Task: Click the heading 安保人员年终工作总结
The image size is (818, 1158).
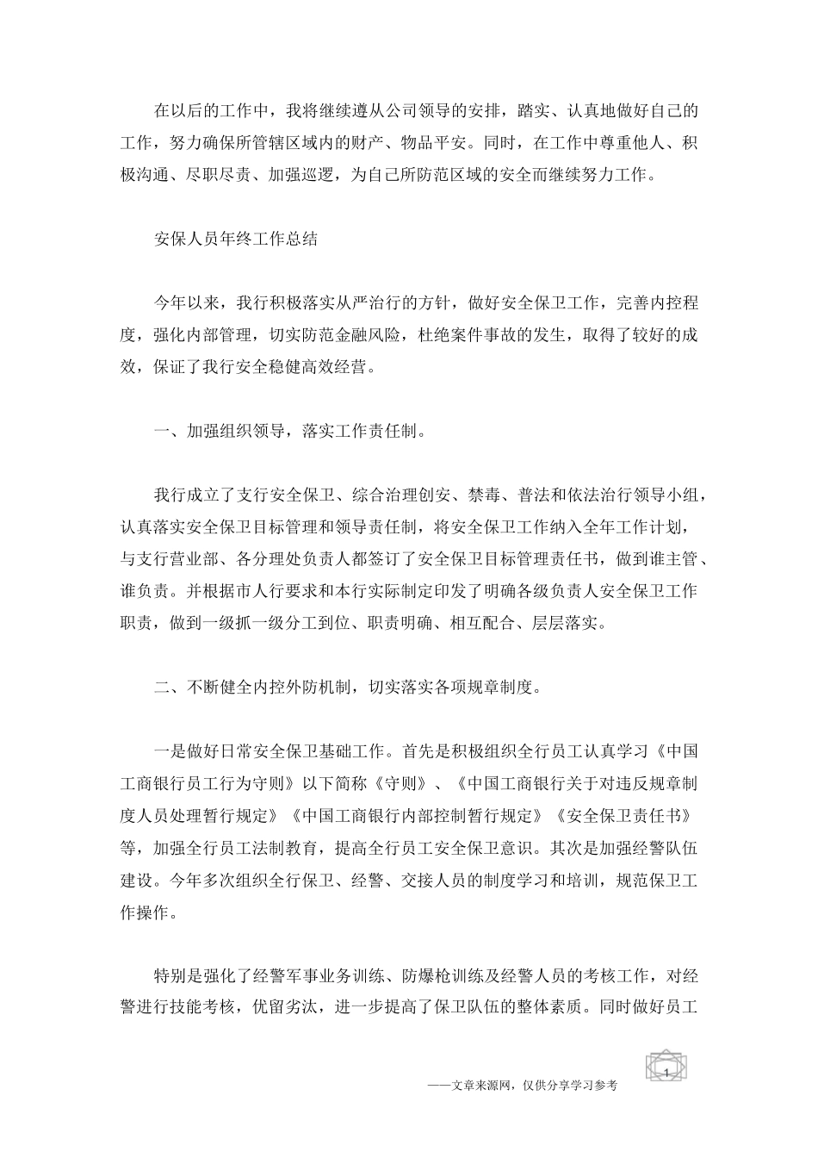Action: click(236, 239)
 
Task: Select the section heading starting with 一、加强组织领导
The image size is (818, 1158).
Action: click(288, 431)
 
